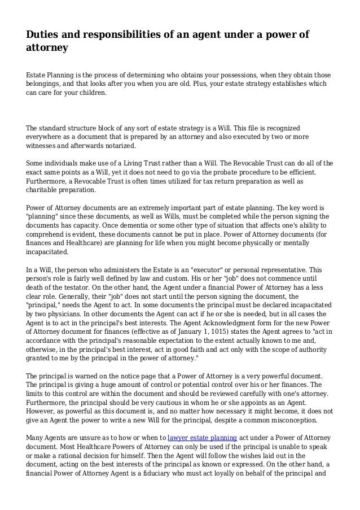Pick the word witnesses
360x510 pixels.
(x=42, y=145)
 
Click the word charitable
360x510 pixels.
(x=44, y=190)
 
